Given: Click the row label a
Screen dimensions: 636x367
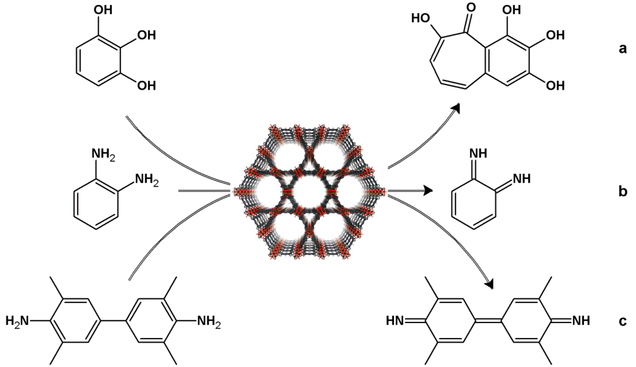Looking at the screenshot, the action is [x=622, y=48].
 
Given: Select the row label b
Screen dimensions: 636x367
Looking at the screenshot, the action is [x=623, y=191].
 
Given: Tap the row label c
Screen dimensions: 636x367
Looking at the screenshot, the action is [x=622, y=321].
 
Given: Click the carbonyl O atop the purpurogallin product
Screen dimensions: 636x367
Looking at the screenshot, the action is [x=471, y=7].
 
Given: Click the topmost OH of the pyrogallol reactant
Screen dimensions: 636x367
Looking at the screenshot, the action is [x=103, y=10].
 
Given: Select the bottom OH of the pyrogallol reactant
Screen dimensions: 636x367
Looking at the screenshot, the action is [x=147, y=86].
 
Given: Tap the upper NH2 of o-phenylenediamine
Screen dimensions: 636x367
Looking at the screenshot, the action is [x=103, y=154].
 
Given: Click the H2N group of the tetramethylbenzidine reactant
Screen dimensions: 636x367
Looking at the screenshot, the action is [x=17, y=321].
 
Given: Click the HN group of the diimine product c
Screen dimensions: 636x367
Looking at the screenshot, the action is [x=395, y=321].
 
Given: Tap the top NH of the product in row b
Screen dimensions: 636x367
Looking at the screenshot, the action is [x=478, y=153].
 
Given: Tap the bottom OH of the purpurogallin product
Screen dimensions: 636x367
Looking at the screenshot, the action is [x=555, y=86].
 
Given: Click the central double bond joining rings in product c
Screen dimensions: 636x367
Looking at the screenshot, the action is [x=488, y=321].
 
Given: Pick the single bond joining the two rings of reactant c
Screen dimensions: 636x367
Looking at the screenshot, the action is [x=113, y=321].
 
